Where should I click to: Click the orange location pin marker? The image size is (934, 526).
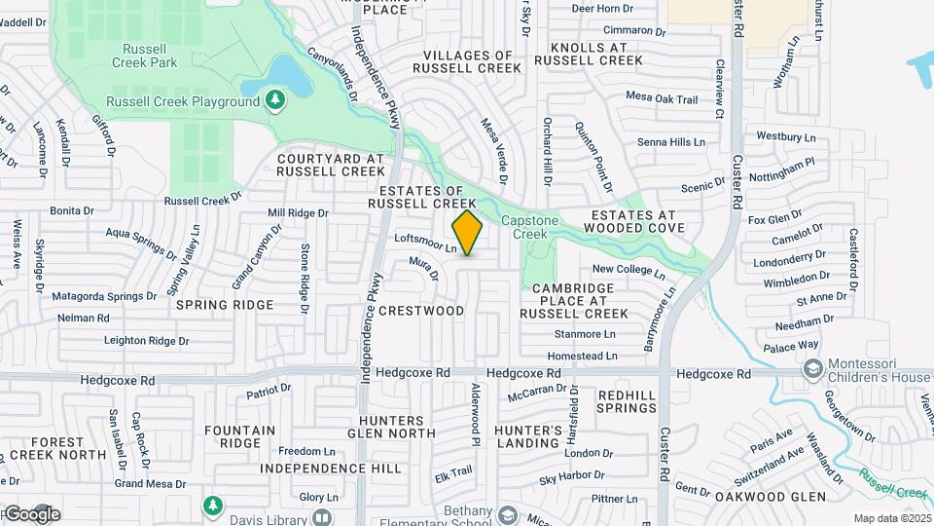click(x=467, y=233)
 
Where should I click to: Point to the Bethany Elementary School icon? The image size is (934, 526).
click(x=507, y=513)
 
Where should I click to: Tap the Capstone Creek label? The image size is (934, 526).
click(x=530, y=227)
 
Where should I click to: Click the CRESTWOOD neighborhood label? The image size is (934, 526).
click(x=420, y=311)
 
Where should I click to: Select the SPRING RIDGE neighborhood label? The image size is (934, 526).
click(x=225, y=305)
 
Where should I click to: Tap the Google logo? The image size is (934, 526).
click(x=32, y=513)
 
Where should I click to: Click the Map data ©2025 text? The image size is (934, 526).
click(x=891, y=518)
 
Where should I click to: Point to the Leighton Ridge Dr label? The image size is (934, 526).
click(x=147, y=341)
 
